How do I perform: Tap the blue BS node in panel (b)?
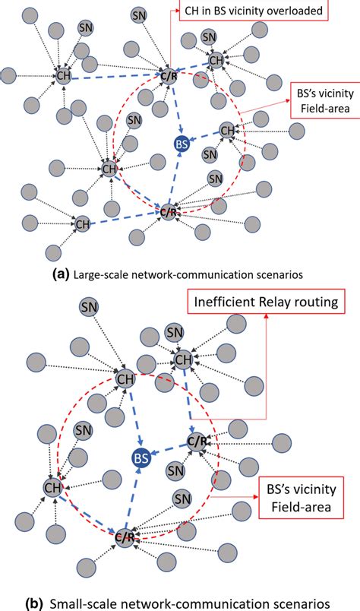(141, 457)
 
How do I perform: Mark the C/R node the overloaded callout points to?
(169, 74)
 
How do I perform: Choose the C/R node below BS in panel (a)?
(169, 212)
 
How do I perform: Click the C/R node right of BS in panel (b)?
(196, 442)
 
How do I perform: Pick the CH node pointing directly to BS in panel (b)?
(124, 379)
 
